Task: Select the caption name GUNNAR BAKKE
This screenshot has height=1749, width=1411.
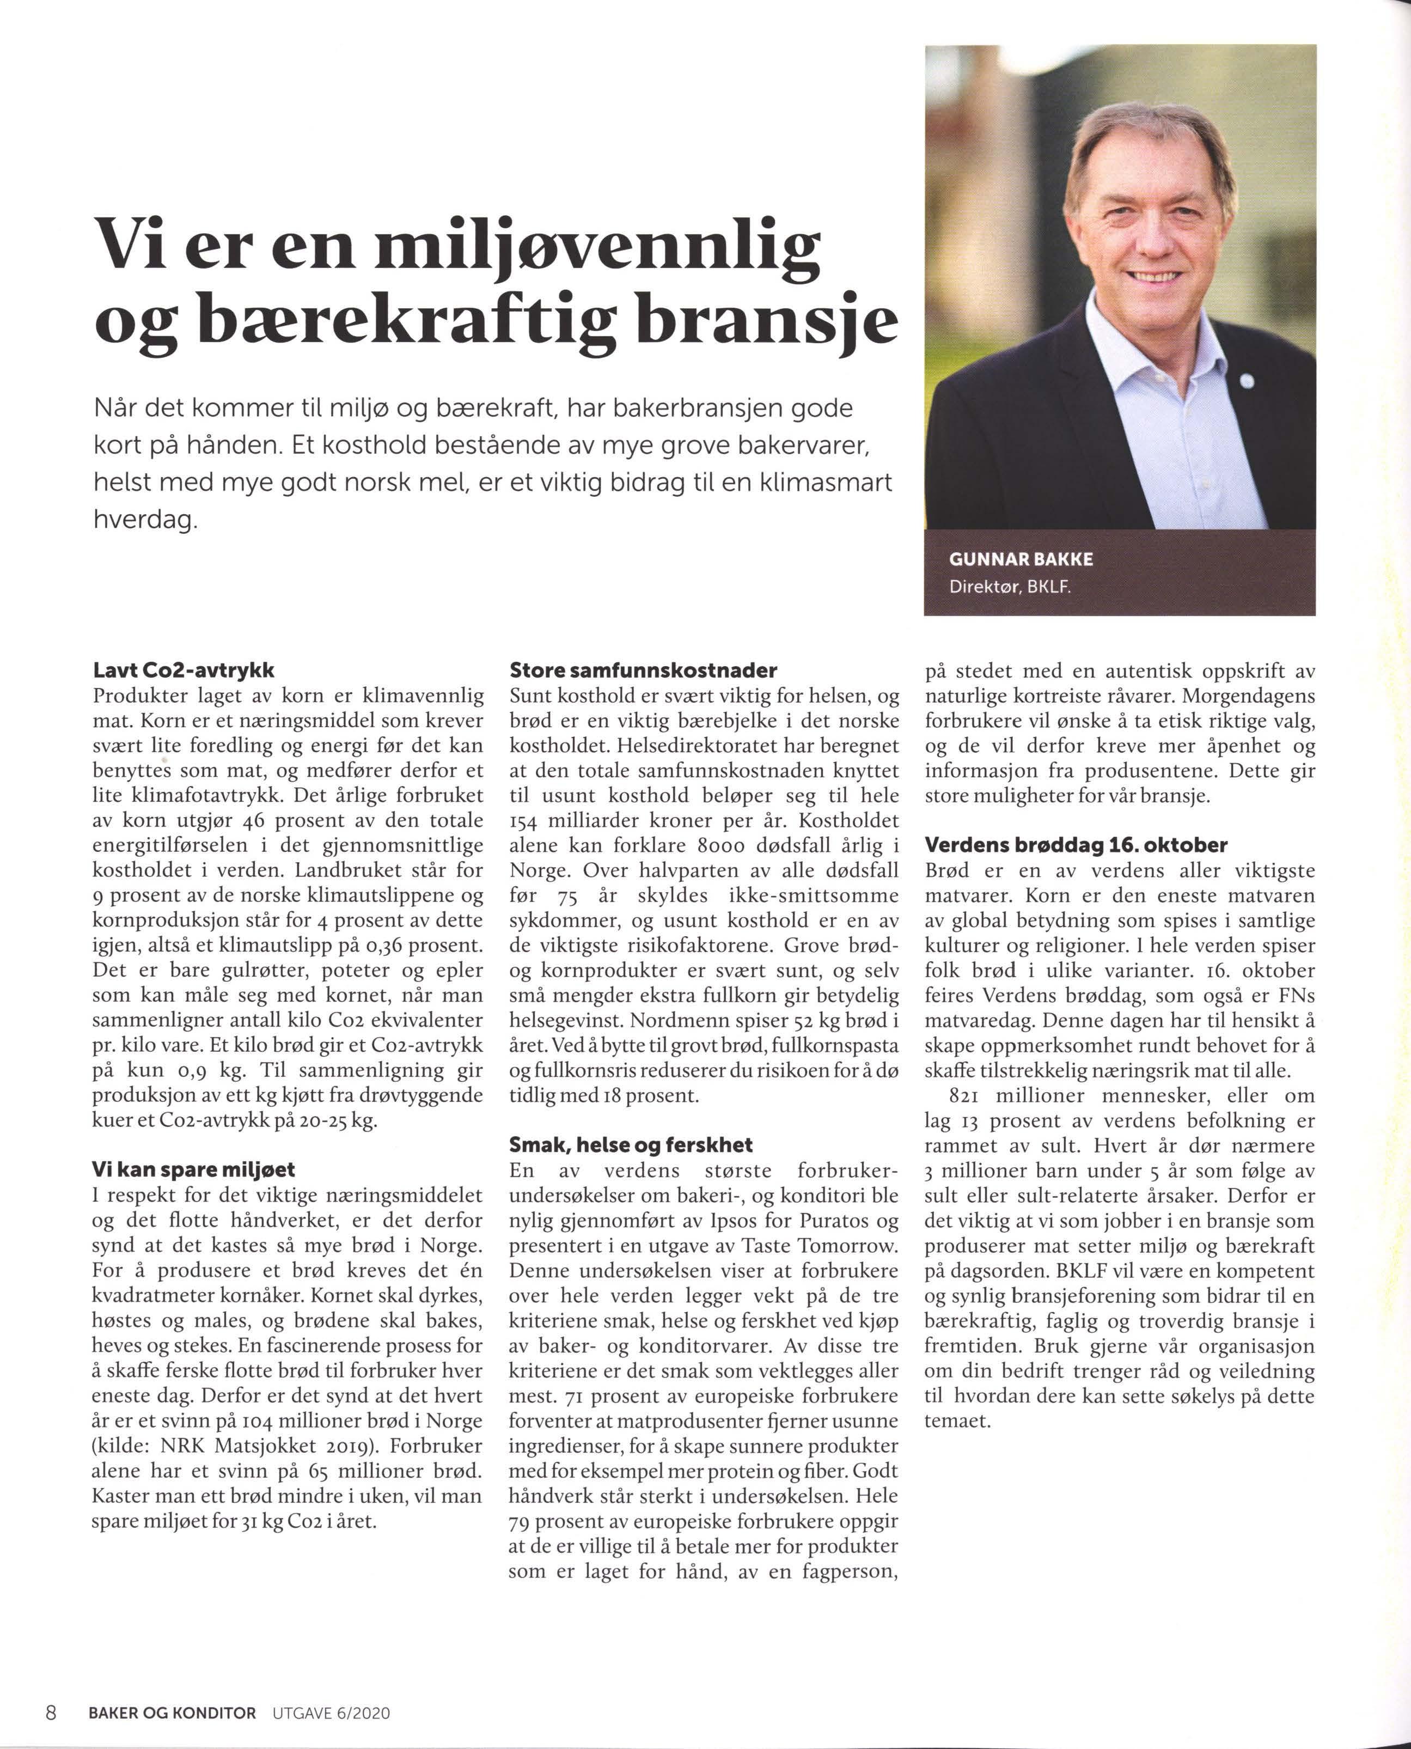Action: click(x=1021, y=559)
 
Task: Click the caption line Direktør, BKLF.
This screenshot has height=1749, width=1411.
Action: click(x=1010, y=586)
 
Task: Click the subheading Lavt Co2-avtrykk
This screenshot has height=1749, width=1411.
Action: click(x=184, y=671)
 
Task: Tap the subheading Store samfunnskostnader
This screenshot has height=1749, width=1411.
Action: click(x=643, y=671)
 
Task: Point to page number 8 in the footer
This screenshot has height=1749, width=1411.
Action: click(x=51, y=1713)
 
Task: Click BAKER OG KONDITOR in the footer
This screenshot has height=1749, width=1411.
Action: click(x=172, y=1713)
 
